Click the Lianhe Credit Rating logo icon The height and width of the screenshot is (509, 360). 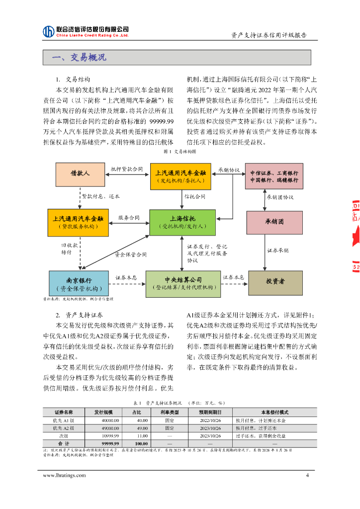point(48,31)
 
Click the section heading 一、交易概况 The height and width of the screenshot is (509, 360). point(79,58)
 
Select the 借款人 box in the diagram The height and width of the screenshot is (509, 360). point(80,173)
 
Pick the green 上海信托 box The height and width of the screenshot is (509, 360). point(182,222)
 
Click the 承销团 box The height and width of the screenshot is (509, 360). point(274,222)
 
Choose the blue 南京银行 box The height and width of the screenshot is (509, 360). point(79,283)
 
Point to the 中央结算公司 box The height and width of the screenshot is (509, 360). point(182,283)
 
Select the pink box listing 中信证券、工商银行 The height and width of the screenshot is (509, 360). point(274,176)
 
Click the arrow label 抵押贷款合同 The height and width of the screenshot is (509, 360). point(127,169)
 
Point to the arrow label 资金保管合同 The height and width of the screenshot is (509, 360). point(131,254)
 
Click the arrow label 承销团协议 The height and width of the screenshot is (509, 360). point(280,197)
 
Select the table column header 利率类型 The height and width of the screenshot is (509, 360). point(169,413)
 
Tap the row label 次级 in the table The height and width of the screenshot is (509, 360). point(64,435)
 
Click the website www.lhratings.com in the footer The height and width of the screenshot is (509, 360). point(64,475)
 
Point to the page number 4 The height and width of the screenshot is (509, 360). point(307,475)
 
